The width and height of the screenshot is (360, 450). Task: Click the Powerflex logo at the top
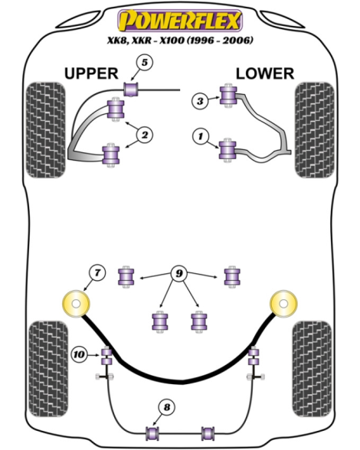click(180, 21)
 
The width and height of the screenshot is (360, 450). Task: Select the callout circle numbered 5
click(145, 63)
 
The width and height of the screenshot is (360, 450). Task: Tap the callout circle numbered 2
click(145, 135)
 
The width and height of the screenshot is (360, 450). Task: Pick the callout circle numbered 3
click(200, 101)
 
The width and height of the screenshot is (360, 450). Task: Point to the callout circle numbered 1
click(200, 136)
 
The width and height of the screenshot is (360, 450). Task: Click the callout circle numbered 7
click(97, 272)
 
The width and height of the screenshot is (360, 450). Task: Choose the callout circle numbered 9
click(179, 274)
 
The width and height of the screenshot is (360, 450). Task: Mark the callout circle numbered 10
click(80, 355)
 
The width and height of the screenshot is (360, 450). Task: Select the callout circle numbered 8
click(167, 407)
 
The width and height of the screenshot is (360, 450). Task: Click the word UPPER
click(91, 73)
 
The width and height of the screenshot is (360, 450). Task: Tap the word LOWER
click(265, 73)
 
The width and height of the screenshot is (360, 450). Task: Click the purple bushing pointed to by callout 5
click(131, 90)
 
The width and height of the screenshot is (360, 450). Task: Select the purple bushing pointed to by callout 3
click(228, 96)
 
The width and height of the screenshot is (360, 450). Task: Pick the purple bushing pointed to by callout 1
click(227, 150)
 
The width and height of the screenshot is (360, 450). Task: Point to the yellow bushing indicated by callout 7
click(76, 304)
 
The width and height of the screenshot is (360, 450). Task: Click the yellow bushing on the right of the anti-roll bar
click(283, 304)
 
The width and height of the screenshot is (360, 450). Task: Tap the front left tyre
click(46, 130)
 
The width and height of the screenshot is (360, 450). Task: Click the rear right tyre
click(313, 370)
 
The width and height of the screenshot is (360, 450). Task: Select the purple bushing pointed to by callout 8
click(153, 433)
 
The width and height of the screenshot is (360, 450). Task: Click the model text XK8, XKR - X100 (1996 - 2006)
click(181, 40)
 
